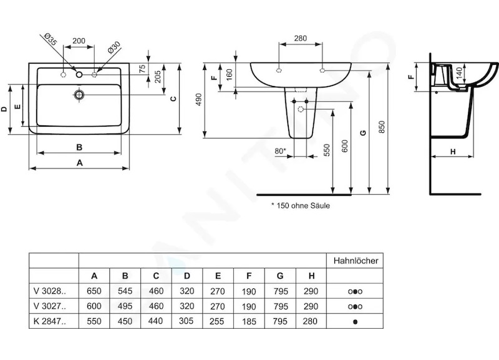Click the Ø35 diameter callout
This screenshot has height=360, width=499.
pyautogui.click(x=51, y=39)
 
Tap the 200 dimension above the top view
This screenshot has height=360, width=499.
pyautogui.click(x=79, y=41)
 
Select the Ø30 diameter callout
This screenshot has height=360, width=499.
pyautogui.click(x=114, y=47)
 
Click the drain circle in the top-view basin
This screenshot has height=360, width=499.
pyautogui.click(x=79, y=95)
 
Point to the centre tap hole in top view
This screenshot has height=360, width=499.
pyautogui.click(x=79, y=74)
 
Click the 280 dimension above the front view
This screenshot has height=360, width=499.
pyautogui.click(x=301, y=38)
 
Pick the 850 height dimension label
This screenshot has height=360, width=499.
pyautogui.click(x=382, y=127)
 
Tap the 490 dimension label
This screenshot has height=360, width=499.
pyautogui.click(x=199, y=99)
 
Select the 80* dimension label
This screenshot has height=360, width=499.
pyautogui.click(x=280, y=150)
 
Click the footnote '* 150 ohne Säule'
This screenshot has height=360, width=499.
pyautogui.click(x=301, y=206)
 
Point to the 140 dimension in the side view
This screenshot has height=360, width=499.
pyautogui.click(x=459, y=73)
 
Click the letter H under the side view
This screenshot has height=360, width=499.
pyautogui.click(x=453, y=152)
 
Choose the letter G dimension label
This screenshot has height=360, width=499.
pyautogui.click(x=363, y=133)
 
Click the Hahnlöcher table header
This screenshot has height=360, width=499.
pyautogui.click(x=356, y=261)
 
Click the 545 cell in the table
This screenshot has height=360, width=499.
pyautogui.click(x=125, y=291)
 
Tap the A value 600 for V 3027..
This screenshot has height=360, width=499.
pyautogui.click(x=94, y=306)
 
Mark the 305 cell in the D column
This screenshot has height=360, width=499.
pyautogui.click(x=187, y=321)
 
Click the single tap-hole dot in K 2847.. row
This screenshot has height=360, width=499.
pyautogui.click(x=355, y=321)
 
